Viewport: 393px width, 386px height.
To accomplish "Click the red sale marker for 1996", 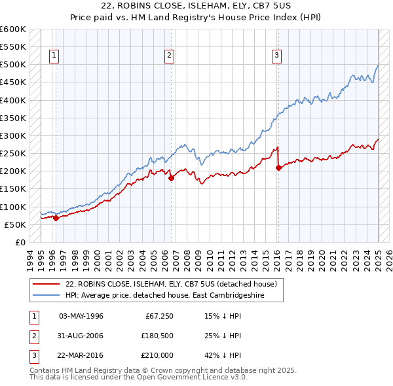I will click(56, 219).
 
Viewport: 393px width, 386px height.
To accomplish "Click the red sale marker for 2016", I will click(278, 167).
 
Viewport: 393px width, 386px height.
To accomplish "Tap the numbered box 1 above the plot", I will click(53, 56).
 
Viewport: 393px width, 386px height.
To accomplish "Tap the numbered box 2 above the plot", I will click(169, 56).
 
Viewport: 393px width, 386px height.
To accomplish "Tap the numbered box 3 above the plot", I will click(277, 56).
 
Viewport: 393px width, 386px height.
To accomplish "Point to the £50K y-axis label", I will click(15, 224).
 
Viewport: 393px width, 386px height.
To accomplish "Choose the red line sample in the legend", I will click(46, 284).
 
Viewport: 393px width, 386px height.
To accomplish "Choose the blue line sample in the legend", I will click(46, 295).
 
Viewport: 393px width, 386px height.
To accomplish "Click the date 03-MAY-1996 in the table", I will click(81, 316).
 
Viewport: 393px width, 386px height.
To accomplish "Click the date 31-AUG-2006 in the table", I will click(81, 336).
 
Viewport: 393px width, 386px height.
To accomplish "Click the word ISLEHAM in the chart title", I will click(180, 5).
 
